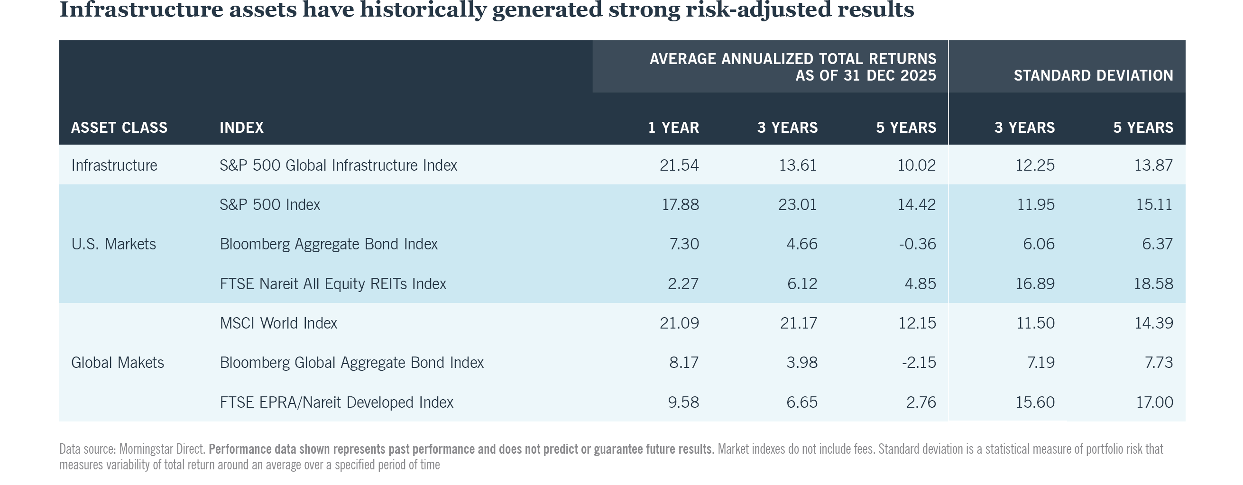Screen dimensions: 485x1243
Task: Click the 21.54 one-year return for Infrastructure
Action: (679, 165)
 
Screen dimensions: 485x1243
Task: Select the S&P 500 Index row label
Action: (270, 205)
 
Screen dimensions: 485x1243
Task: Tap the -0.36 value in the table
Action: (917, 244)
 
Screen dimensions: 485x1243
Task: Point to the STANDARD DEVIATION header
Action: (1093, 75)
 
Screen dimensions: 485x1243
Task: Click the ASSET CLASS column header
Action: (119, 128)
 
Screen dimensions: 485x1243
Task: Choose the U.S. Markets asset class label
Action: (113, 244)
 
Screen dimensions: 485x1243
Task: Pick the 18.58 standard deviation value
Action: (1153, 284)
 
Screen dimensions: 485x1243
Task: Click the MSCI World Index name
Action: (278, 323)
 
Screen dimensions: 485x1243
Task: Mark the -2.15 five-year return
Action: (919, 362)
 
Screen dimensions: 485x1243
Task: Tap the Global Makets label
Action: (117, 362)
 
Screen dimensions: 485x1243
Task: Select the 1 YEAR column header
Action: (673, 128)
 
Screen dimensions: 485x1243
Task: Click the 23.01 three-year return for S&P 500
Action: (797, 205)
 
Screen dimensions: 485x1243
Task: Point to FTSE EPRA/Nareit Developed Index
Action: (336, 403)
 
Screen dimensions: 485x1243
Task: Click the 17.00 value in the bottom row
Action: (1154, 403)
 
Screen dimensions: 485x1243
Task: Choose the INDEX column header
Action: (241, 128)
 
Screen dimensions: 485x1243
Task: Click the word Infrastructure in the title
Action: (141, 9)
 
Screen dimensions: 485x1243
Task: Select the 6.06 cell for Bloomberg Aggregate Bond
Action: (1039, 244)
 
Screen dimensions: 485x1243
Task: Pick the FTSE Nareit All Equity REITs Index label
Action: (332, 284)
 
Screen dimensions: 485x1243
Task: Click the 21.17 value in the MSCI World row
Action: (799, 323)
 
